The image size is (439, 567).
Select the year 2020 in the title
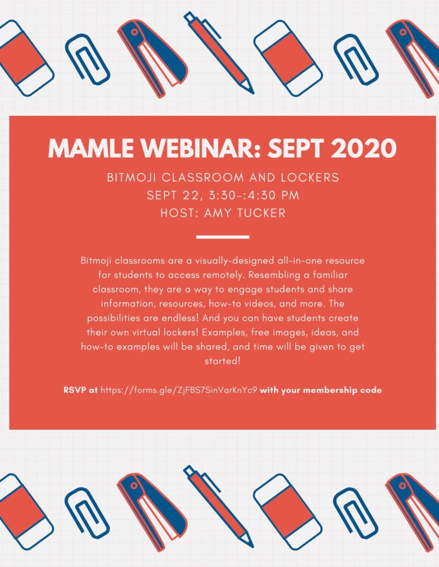tap(363, 148)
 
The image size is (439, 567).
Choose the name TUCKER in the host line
tap(258, 213)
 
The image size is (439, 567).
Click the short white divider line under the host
tap(223, 237)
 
